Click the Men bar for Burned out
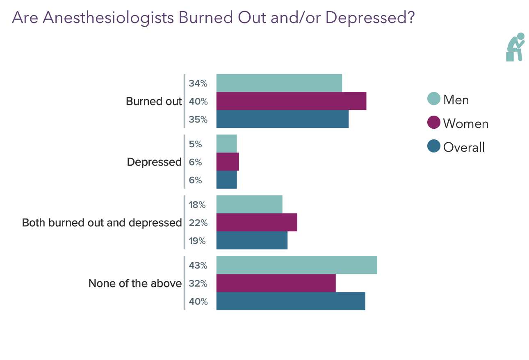pos(279,83)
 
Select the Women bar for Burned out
pos(291,101)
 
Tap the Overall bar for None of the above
pos(290,301)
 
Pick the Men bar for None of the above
pos(296,265)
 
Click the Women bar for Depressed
pos(228,162)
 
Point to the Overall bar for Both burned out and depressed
pos(252,241)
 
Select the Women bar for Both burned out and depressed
pos(257,223)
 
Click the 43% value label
pos(198,266)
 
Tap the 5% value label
pos(196,144)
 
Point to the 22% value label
pos(198,223)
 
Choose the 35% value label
pos(198,120)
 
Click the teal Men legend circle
pos(433,99)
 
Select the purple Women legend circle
pos(433,123)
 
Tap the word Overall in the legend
pos(464,147)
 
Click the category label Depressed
pos(154,162)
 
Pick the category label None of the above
pos(135,283)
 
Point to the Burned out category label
pos(153,101)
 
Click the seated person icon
pos(515,47)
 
